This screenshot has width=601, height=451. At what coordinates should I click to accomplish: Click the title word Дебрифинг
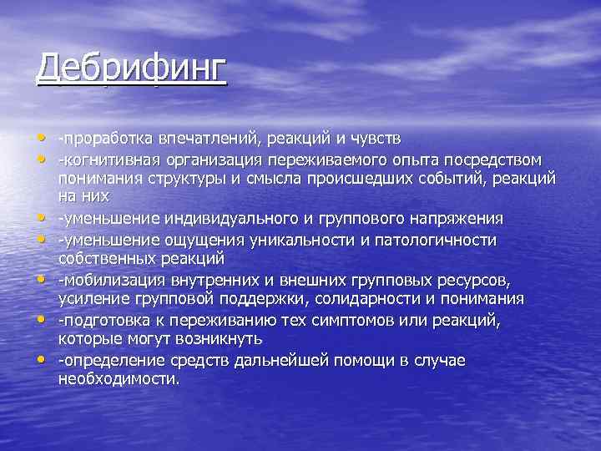(131, 68)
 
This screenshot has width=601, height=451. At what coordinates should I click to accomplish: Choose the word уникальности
(306, 241)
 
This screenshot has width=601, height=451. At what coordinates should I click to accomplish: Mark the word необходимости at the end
(118, 379)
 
